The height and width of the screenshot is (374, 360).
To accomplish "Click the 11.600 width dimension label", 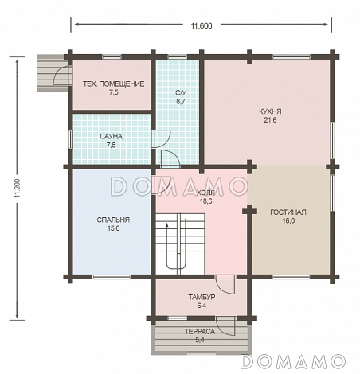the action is (x=202, y=25).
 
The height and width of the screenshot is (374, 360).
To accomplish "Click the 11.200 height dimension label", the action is (x=18, y=188).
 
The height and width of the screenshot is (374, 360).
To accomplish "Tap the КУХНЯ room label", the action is (x=270, y=111).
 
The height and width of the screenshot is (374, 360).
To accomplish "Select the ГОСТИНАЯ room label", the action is (x=288, y=212).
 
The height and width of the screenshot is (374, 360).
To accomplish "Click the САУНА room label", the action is (x=111, y=136).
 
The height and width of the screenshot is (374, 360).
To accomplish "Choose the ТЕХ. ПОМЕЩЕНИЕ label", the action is (x=114, y=84).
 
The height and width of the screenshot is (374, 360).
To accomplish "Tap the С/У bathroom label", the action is (x=181, y=92).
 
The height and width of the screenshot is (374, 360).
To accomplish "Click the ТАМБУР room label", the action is (x=202, y=297).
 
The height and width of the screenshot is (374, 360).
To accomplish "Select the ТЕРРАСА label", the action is (x=200, y=331).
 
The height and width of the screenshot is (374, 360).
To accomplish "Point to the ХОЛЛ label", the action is (x=205, y=193).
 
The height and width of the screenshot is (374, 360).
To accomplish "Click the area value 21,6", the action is (x=270, y=120).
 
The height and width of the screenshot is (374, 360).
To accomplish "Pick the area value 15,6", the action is (x=113, y=228).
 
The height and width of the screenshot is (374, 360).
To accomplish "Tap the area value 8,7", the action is (x=181, y=101).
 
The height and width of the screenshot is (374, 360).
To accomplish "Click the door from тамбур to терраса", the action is (x=225, y=326).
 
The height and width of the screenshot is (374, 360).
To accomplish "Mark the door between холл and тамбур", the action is (x=225, y=284).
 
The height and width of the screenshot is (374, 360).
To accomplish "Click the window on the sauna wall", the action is (x=71, y=139).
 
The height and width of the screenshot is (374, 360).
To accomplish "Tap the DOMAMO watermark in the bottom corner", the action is (x=293, y=361).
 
